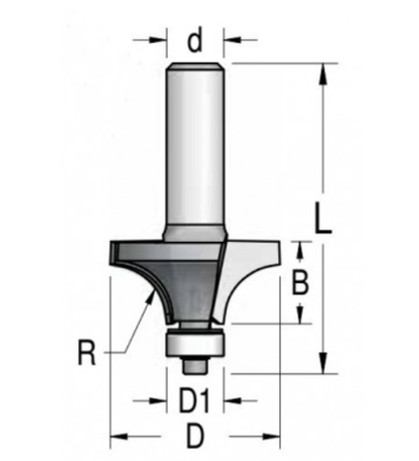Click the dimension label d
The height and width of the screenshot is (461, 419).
click(x=195, y=41)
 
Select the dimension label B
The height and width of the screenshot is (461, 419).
click(x=298, y=283)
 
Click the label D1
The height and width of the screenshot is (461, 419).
click(x=195, y=401)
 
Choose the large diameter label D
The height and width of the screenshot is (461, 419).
click(x=196, y=438)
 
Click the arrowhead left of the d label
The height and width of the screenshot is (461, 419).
click(x=160, y=41)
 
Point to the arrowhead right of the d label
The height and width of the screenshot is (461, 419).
click(x=231, y=41)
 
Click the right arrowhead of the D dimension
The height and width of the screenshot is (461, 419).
click(x=275, y=438)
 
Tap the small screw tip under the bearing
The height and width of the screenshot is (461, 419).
click(x=196, y=363)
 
